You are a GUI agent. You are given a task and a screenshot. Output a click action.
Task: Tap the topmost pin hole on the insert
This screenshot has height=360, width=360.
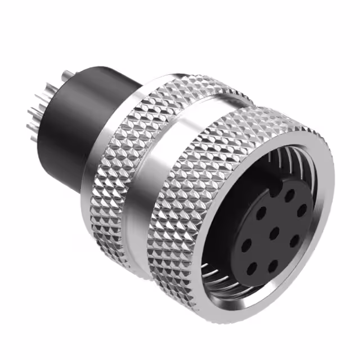coord(290,195)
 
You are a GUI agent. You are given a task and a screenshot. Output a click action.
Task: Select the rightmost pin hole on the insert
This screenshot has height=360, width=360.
coord(302,210)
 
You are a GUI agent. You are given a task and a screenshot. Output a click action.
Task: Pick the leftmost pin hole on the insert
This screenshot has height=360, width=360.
coord(246,246)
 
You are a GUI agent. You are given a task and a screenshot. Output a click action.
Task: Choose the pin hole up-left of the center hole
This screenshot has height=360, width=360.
coord(261,213)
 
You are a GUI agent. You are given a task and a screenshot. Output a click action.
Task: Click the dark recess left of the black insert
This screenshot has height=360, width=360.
coord(225,236)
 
